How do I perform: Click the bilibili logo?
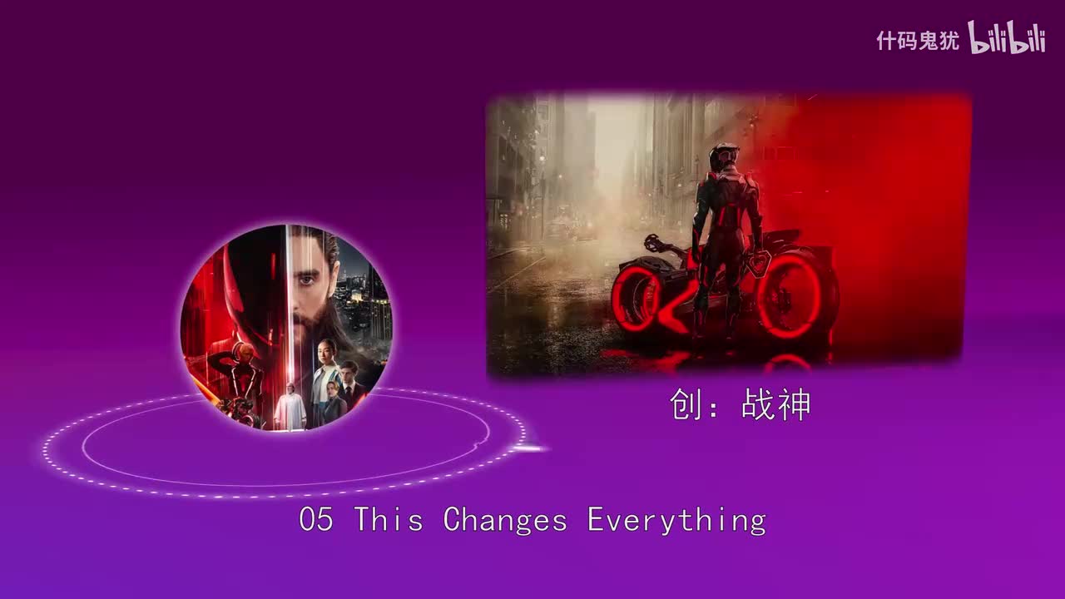click(1007, 38)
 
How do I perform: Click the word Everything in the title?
click(676, 521)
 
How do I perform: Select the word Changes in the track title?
click(505, 521)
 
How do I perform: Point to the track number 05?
click(316, 521)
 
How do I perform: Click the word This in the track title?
click(389, 521)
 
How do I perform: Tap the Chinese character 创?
click(686, 406)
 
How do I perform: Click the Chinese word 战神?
click(775, 406)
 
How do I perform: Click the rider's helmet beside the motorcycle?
click(724, 158)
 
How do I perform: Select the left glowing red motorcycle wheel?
click(638, 298)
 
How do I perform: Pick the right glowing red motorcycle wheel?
click(790, 296)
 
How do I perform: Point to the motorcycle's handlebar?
click(658, 244)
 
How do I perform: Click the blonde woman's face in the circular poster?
click(331, 389)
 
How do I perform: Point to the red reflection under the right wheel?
click(787, 362)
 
